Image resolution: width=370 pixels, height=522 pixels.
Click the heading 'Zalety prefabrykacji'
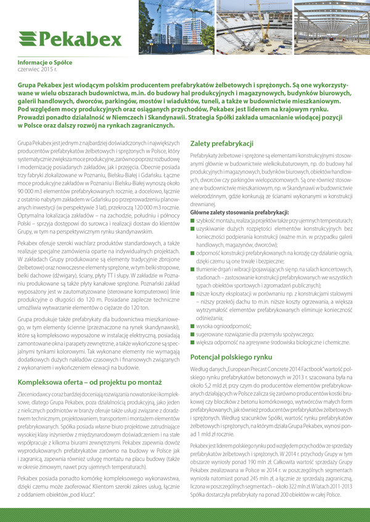pos(222,143)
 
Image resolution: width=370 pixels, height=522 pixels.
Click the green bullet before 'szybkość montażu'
pos(192,220)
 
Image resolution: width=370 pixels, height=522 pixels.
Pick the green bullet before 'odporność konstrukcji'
pos(192,252)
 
